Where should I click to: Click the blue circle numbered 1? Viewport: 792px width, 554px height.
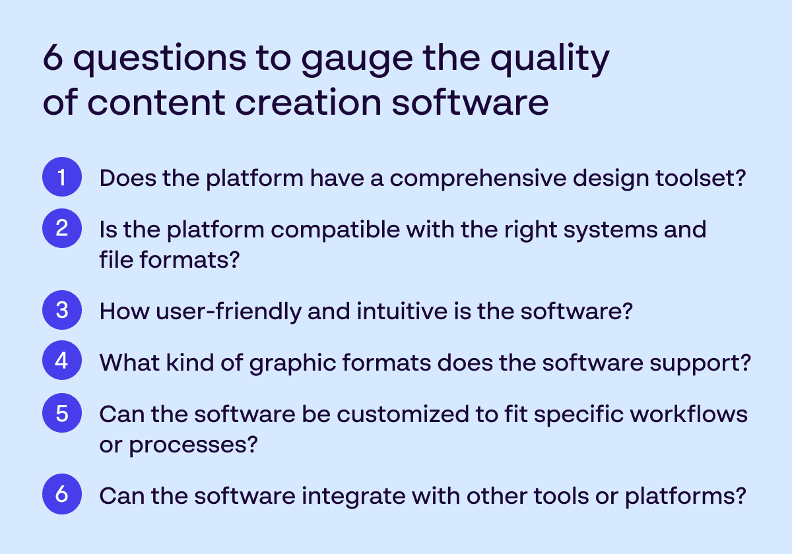(62, 177)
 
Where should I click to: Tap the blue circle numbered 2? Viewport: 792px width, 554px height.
(62, 228)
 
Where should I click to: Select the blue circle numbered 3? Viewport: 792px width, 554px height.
(62, 310)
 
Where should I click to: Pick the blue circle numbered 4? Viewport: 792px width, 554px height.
(62, 360)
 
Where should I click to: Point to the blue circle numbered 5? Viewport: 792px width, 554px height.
(62, 413)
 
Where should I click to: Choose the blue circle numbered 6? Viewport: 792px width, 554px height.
(62, 494)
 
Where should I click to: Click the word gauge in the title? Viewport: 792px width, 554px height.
(357, 60)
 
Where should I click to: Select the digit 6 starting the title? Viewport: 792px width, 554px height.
(53, 57)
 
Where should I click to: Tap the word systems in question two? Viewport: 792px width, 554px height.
(610, 231)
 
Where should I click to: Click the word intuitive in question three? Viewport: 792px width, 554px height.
(402, 311)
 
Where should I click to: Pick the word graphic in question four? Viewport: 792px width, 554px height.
(292, 364)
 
